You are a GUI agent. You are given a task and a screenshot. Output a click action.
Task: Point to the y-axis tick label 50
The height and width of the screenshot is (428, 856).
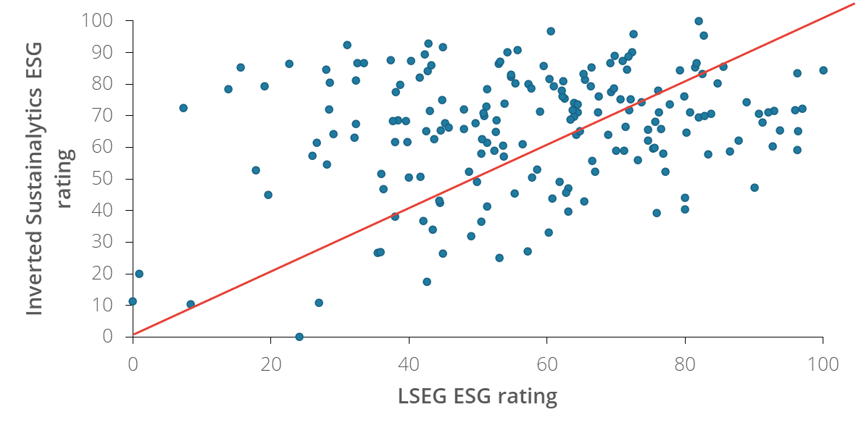click(x=102, y=179)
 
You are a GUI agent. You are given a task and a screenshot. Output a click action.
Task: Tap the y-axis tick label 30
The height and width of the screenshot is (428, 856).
click(x=102, y=242)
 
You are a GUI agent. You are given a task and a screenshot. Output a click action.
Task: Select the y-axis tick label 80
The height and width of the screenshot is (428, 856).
click(x=102, y=84)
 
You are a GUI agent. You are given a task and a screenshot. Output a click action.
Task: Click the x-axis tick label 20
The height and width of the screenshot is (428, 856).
click(x=271, y=364)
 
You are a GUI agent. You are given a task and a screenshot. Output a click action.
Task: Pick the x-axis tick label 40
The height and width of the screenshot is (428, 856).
click(x=409, y=364)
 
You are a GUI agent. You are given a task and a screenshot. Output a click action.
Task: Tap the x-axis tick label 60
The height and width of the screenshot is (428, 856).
click(x=547, y=364)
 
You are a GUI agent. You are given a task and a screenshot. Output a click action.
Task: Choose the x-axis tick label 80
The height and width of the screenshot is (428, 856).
click(x=685, y=364)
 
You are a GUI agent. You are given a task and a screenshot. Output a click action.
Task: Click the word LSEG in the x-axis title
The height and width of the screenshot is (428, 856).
click(x=423, y=396)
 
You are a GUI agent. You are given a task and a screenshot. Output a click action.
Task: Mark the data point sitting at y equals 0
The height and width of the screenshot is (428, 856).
click(x=299, y=337)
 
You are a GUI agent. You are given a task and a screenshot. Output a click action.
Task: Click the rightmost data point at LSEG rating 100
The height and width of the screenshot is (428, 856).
click(x=823, y=70)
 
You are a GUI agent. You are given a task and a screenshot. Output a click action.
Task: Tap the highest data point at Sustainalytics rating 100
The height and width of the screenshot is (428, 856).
click(x=699, y=21)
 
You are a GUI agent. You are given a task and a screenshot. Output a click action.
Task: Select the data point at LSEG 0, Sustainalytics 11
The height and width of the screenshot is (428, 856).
click(x=133, y=301)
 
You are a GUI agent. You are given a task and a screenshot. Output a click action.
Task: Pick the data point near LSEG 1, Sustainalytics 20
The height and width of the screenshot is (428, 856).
click(x=139, y=274)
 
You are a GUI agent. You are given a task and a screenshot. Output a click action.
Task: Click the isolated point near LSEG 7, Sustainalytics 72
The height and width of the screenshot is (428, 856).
click(x=183, y=108)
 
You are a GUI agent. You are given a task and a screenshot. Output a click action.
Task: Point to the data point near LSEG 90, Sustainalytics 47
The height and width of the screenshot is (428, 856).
click(x=755, y=188)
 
